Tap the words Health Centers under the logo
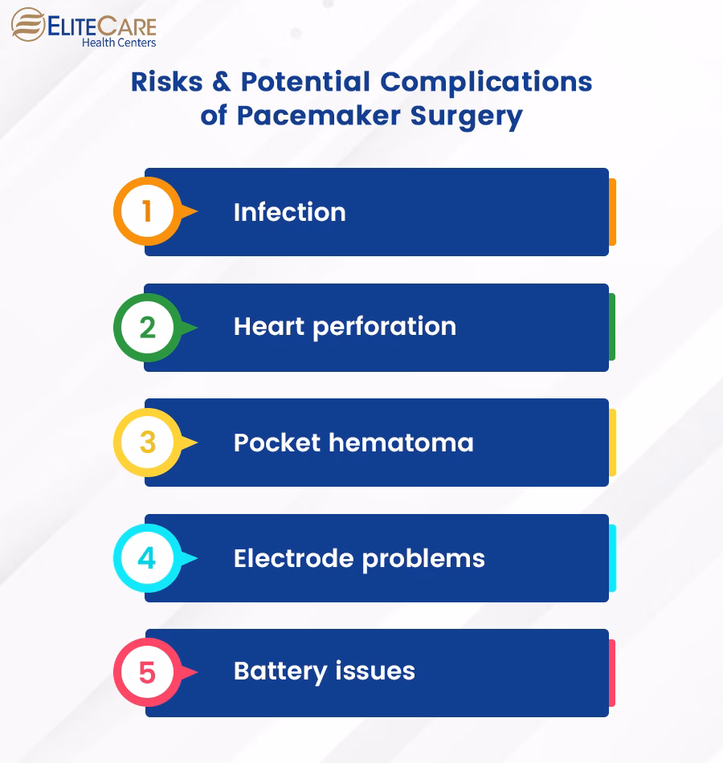point(119,43)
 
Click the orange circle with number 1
point(147,212)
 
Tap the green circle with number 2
point(147,328)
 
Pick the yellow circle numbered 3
point(147,443)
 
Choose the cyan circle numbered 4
point(147,558)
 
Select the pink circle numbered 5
point(147,672)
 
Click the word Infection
point(289,212)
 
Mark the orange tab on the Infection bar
point(612,212)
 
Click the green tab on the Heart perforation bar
point(612,327)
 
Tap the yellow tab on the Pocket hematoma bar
point(612,443)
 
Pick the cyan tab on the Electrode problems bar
point(612,558)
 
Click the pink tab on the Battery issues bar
point(612,673)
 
